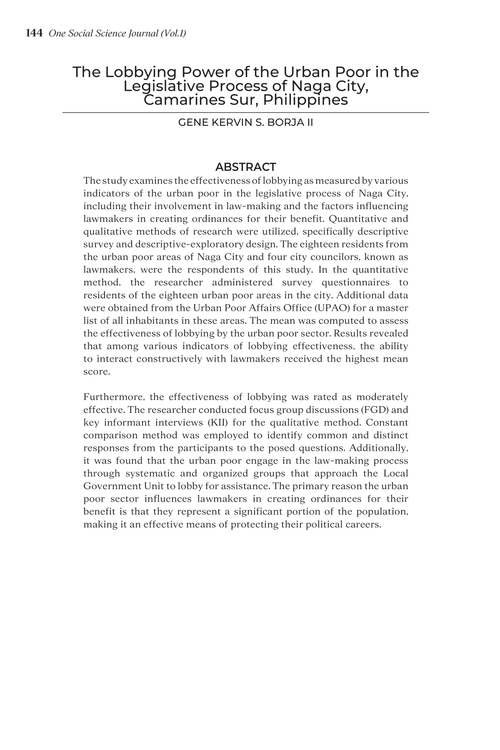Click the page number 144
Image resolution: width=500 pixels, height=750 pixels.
[x=34, y=33]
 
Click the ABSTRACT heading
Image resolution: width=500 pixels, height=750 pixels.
[x=245, y=167]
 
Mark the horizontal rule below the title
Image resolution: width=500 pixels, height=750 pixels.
[x=245, y=112]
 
